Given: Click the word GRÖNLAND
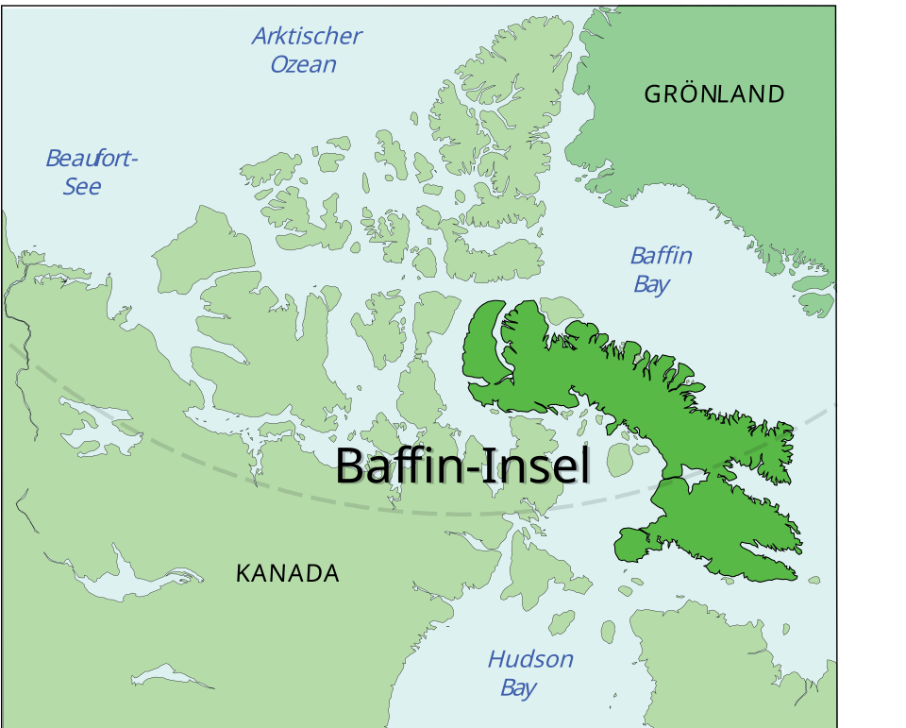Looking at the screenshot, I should [x=713, y=94].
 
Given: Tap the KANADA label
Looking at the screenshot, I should [x=287, y=573].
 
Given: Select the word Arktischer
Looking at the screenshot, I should [x=307, y=37].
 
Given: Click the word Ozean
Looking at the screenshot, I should [x=303, y=65].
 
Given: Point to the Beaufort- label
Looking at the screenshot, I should [x=92, y=158].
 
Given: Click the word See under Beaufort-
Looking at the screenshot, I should [x=82, y=186].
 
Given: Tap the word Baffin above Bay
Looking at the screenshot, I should [x=662, y=256].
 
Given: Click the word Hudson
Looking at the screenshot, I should [x=530, y=659].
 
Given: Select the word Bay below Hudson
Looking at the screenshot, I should [x=518, y=687].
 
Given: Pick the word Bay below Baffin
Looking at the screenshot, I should [x=651, y=284].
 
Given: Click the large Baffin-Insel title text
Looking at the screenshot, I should [x=462, y=466].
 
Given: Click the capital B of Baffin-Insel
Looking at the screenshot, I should [x=351, y=466].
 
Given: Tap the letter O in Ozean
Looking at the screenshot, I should [x=280, y=65].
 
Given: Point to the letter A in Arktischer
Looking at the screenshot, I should [x=260, y=37].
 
